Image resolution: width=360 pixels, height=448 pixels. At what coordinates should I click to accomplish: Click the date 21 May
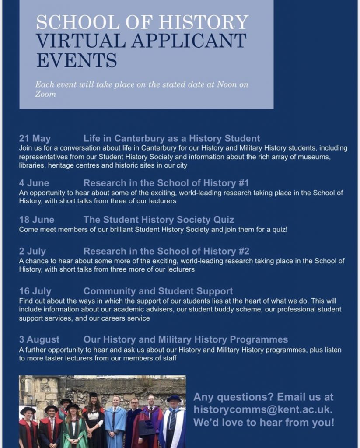point(35,139)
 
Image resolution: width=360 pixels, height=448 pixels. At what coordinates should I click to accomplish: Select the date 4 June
point(34,183)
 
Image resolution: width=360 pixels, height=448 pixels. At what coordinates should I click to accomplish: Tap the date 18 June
point(37,220)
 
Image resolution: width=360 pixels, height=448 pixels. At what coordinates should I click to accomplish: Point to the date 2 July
point(32,251)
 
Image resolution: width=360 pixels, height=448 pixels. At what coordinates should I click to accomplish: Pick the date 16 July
point(35,291)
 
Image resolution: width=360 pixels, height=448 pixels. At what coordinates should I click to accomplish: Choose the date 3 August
point(39,339)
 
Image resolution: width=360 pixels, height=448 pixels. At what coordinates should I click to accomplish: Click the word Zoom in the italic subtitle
point(45,94)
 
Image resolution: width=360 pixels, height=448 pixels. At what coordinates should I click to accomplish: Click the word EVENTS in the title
point(76,60)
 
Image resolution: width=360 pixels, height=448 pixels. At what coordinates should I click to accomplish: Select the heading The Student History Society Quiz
point(159,220)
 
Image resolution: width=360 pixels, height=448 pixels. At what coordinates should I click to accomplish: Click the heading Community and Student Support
point(158,291)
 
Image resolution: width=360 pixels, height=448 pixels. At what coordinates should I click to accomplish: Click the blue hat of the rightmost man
point(174,398)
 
